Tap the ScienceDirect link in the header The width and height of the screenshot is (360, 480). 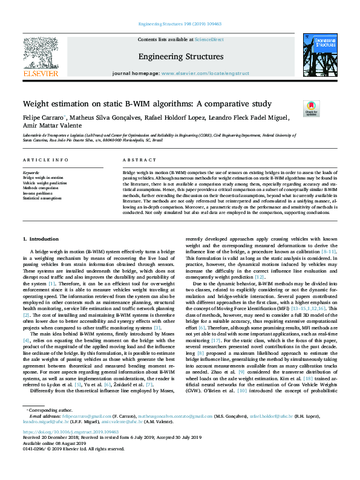pyautogui.click(x=208, y=39)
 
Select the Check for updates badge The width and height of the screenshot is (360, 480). pyautogui.click(x=311, y=108)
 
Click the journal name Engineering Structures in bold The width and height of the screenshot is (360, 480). pyautogui.click(x=180, y=56)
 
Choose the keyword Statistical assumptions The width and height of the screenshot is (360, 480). pyautogui.click(x=42, y=198)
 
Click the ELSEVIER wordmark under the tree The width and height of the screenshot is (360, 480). pyautogui.click(x=41, y=73)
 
